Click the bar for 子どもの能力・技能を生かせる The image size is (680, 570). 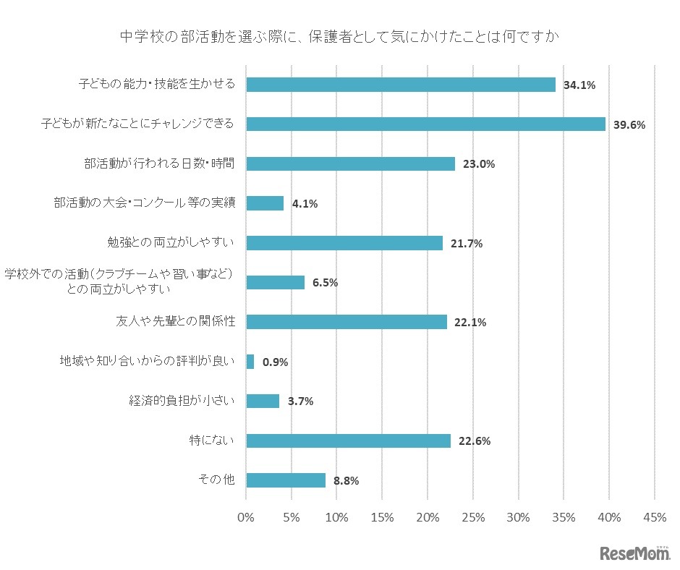tap(401, 85)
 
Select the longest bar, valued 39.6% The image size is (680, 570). tap(425, 124)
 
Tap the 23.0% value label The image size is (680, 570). tap(478, 164)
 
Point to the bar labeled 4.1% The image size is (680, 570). tap(265, 203)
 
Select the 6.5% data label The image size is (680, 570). tap(326, 283)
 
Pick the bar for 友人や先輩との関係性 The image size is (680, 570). tap(347, 322)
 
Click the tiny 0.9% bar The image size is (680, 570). tap(250, 362)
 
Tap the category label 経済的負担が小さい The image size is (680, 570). tap(181, 401)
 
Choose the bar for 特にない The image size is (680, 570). tap(348, 441)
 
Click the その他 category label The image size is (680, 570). tap(216, 480)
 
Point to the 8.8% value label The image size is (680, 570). tap(347, 480)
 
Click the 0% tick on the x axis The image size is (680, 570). tap(246, 517)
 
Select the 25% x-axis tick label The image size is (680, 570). tap(473, 517)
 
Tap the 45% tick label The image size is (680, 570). tap(655, 517)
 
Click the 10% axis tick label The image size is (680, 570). tap(336, 517)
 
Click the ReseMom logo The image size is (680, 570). tap(634, 553)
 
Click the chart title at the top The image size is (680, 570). tap(339, 36)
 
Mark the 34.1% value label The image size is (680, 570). tap(579, 85)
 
